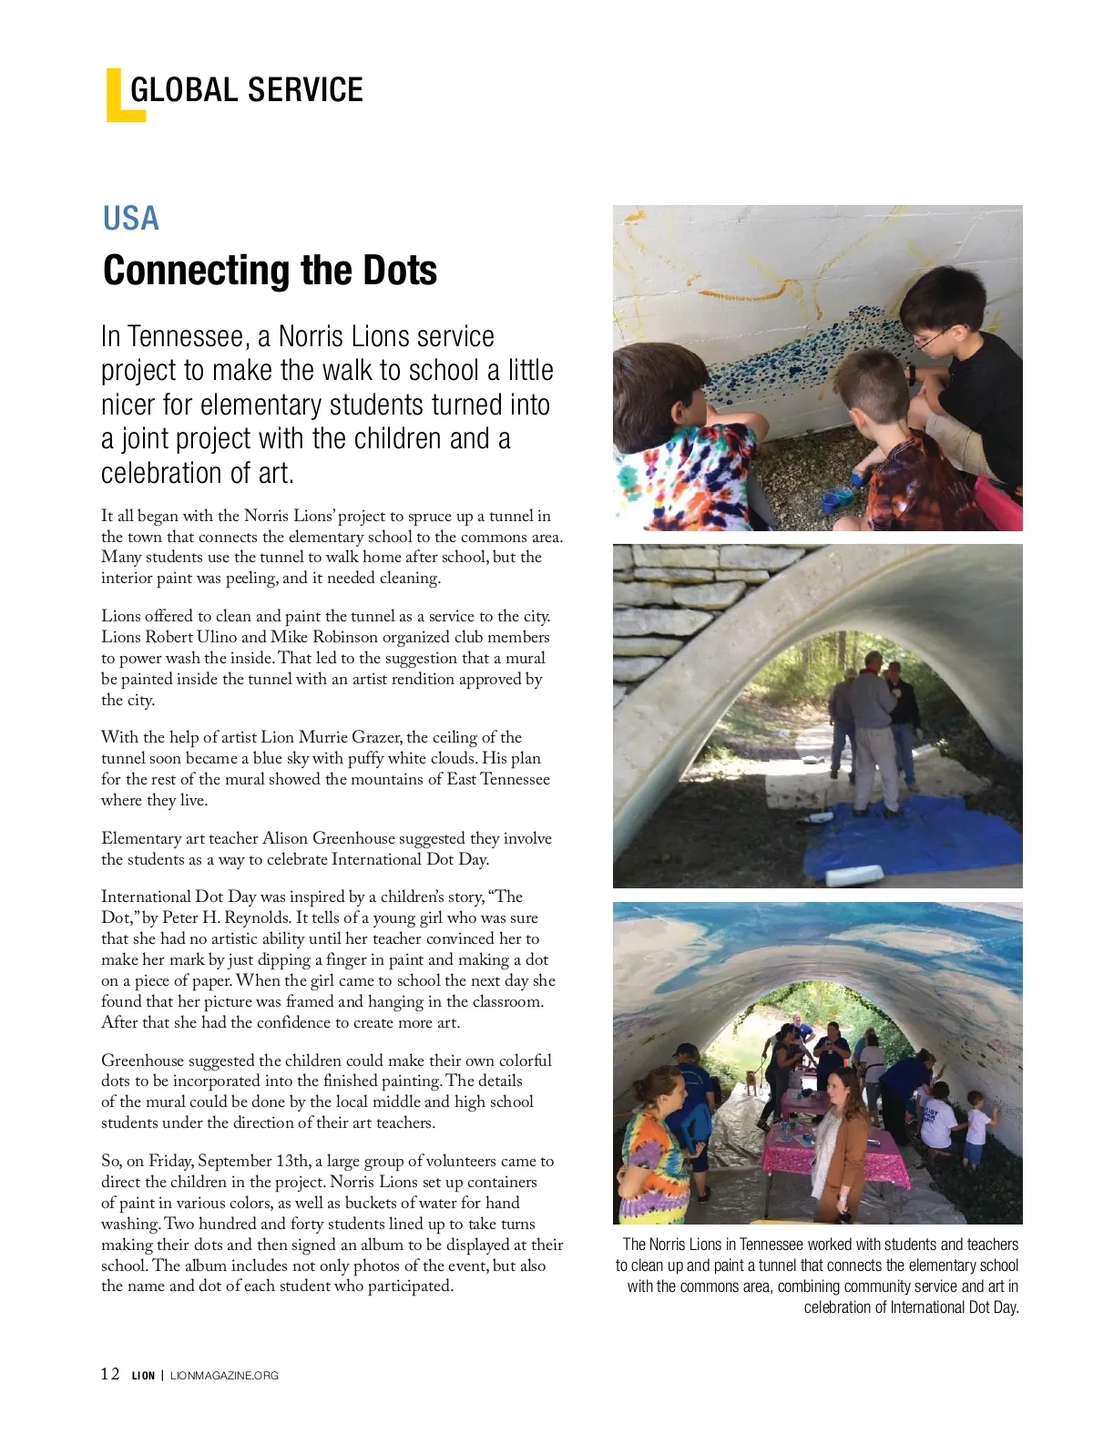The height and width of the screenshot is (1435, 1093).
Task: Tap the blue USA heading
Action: click(x=131, y=219)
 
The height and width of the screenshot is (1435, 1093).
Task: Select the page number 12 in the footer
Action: click(x=110, y=1375)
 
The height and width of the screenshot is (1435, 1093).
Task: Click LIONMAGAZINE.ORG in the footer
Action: click(x=224, y=1376)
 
